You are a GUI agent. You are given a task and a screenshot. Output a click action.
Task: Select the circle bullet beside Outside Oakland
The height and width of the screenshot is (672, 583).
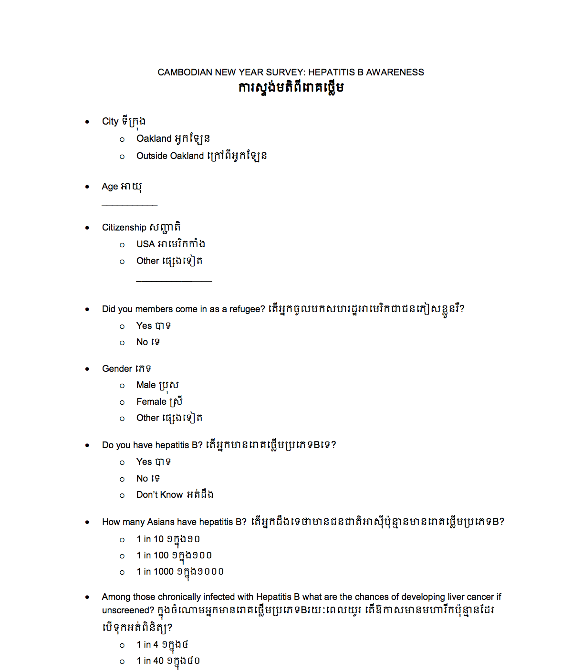[122, 157]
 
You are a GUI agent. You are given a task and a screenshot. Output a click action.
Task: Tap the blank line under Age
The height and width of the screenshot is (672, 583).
[129, 205]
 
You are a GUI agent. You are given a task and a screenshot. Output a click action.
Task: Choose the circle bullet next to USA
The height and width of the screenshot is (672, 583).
[122, 245]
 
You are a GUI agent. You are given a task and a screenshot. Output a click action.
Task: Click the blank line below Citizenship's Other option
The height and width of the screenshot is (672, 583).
[174, 281]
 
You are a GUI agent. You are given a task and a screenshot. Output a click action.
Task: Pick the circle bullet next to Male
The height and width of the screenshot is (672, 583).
[122, 386]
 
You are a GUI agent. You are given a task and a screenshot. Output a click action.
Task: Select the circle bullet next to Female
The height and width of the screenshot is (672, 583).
[122, 402]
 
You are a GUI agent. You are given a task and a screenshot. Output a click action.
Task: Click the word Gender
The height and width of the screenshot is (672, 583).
[117, 369]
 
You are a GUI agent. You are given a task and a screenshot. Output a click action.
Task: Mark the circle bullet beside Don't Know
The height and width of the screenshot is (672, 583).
[122, 495]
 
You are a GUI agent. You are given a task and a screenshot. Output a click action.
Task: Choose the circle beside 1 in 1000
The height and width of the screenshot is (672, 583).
[122, 572]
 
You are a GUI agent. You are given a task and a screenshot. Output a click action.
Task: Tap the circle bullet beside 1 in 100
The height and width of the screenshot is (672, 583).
[122, 556]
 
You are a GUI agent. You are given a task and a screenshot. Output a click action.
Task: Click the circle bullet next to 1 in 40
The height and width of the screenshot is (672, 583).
[122, 661]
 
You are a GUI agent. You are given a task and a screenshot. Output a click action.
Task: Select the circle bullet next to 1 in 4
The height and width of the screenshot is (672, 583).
[122, 645]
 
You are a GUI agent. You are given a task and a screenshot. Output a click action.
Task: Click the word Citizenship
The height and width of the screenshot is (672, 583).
[124, 228]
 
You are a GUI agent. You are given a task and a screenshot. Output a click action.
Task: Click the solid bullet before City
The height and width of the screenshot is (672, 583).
[87, 122]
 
